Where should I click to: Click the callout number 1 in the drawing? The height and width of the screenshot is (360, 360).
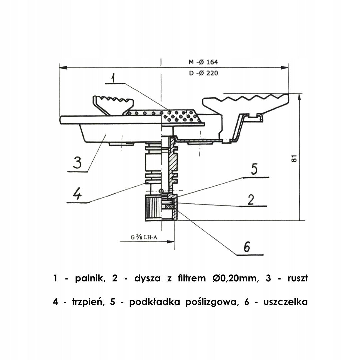[x=113, y=78]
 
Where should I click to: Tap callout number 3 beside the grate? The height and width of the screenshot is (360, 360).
[x=77, y=162]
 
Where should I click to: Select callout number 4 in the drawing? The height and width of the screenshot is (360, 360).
[x=77, y=194]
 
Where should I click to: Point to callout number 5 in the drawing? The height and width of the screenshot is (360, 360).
[x=254, y=169]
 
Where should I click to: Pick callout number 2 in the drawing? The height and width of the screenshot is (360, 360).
[x=251, y=200]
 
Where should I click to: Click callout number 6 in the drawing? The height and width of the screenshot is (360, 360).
[x=247, y=247]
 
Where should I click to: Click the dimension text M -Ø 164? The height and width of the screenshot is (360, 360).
[x=203, y=62]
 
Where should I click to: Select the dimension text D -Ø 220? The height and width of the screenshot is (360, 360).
[x=203, y=73]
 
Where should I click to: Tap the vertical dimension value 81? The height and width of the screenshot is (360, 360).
[x=294, y=159]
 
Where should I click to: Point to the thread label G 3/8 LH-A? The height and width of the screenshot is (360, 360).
[x=144, y=237]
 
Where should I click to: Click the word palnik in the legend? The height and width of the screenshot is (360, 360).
[x=90, y=278]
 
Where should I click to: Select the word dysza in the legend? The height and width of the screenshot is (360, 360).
[x=147, y=279]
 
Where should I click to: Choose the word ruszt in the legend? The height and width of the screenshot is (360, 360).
[x=298, y=278]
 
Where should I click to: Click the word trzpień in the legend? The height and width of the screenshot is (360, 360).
[x=87, y=302]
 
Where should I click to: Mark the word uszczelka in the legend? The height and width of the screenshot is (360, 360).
[x=286, y=302]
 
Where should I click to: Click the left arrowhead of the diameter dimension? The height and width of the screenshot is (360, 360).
[x=63, y=68]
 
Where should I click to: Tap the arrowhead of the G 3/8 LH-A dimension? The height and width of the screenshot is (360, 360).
[x=171, y=242]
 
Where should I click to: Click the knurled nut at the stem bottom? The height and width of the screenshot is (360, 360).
[x=161, y=208]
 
